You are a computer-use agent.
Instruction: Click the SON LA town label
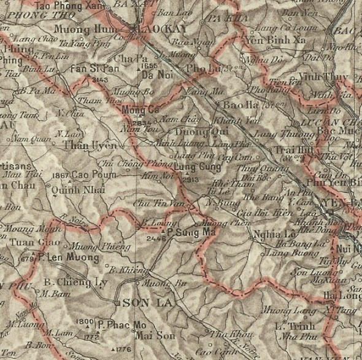click(141, 302)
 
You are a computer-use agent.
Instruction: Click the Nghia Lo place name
click(270, 234)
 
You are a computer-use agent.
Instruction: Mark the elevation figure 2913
click(191, 179)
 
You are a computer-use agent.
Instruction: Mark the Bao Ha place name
click(236, 104)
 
